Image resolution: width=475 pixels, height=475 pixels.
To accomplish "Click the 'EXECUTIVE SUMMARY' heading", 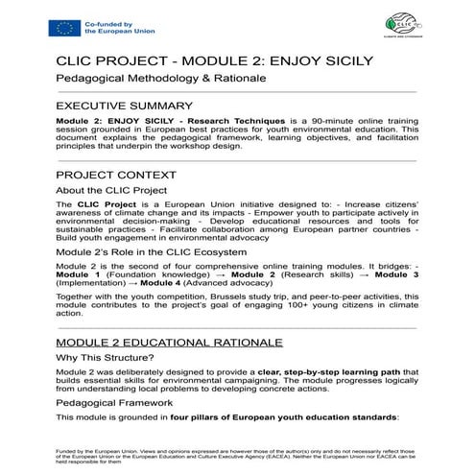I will point(125,104).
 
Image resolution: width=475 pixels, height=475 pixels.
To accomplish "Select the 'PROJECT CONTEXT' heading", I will point(116,176).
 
